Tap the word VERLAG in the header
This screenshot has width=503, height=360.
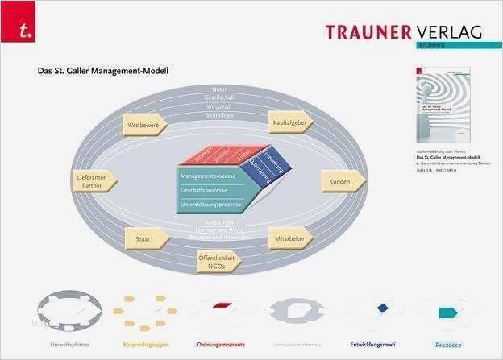[450, 31]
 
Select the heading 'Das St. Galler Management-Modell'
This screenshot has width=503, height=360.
[102, 71]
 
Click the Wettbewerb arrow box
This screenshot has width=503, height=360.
[144, 125]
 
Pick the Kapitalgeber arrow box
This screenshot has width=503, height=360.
[289, 122]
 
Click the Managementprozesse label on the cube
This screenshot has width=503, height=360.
[208, 176]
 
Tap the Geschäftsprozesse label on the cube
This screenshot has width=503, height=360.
[204, 190]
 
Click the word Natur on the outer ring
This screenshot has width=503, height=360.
[219, 89]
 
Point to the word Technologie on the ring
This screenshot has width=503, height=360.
[219, 115]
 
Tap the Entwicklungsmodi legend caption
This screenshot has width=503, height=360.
[372, 346]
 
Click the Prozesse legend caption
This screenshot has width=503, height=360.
[447, 346]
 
